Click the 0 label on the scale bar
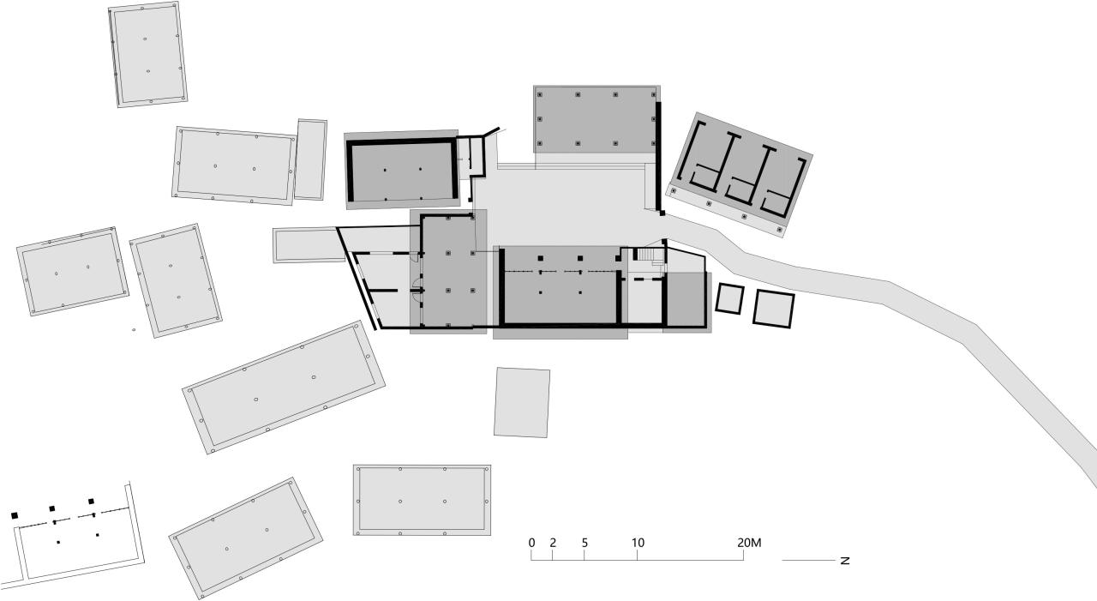[531, 543]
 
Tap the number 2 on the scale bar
[553, 543]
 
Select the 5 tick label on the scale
[584, 543]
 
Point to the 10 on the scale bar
[638, 543]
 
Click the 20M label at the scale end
[749, 543]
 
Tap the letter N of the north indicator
[845, 561]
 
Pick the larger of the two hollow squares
[774, 309]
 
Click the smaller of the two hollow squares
[729, 298]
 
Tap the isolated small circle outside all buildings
[134, 329]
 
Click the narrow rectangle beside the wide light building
[310, 159]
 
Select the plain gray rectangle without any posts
[521, 402]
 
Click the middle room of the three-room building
[742, 171]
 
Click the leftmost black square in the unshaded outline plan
[15, 515]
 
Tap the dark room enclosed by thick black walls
[402, 171]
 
